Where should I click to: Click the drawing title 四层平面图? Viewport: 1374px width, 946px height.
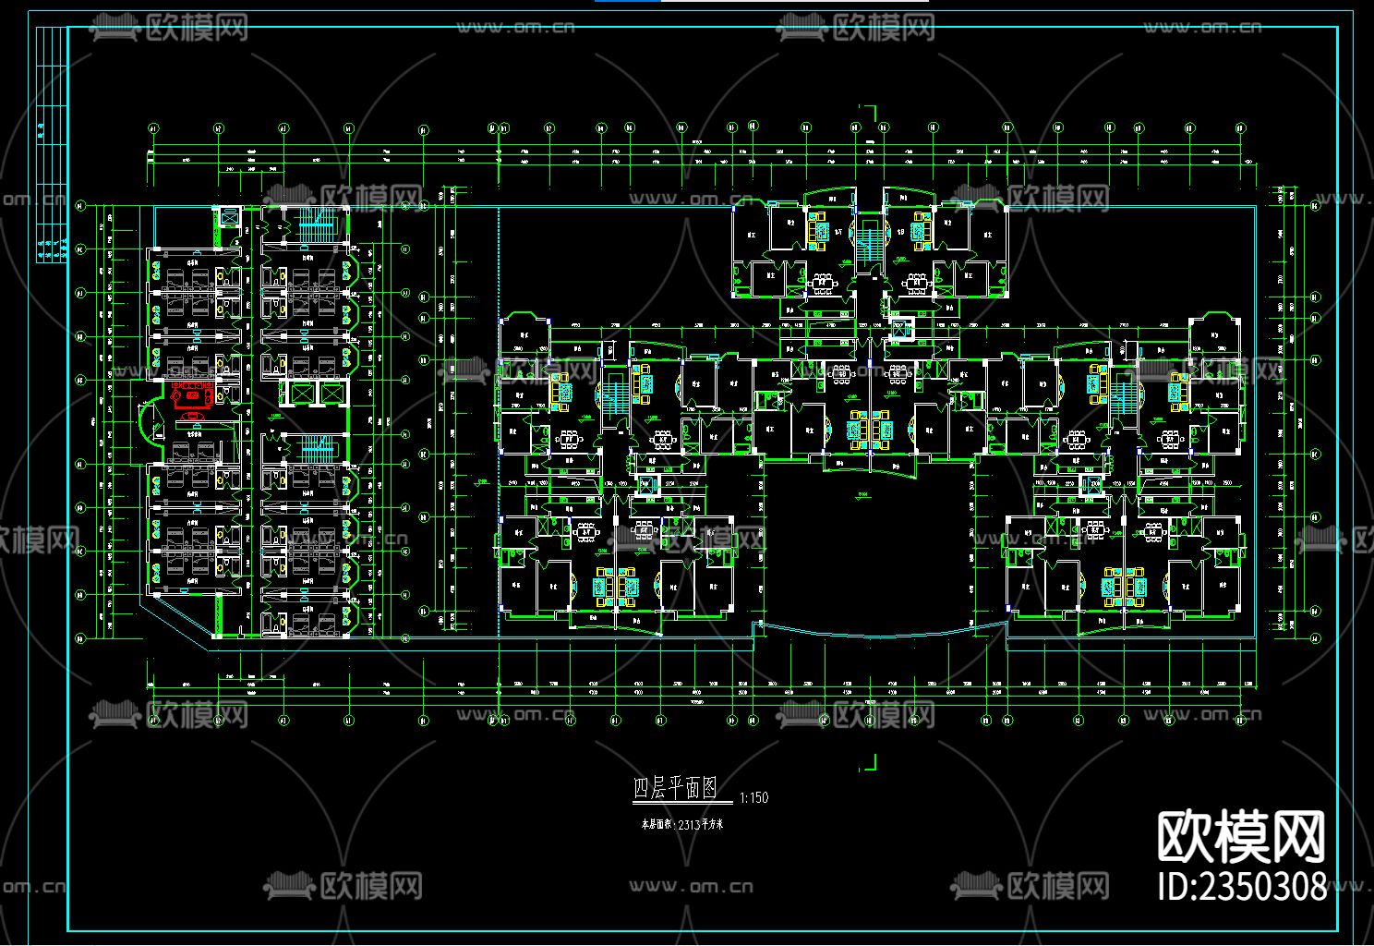[x=675, y=788]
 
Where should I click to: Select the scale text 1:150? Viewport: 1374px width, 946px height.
[x=753, y=797]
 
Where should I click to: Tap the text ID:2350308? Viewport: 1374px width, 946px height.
[x=1242, y=886]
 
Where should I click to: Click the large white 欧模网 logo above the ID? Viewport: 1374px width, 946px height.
[x=1242, y=836]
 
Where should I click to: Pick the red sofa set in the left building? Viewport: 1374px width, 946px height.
[x=192, y=395]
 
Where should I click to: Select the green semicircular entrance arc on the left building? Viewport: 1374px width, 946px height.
[x=144, y=424]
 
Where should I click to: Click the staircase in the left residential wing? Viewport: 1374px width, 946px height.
[x=614, y=397]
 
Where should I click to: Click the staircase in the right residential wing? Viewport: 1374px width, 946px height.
[x=1121, y=397]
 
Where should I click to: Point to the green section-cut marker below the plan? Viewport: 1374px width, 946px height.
[x=868, y=763]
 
